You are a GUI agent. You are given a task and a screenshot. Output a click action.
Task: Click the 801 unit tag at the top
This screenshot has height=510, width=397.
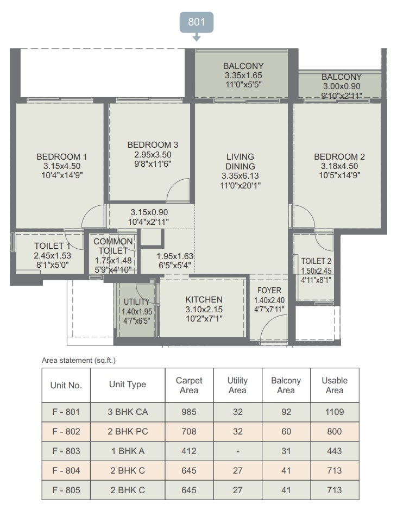197,22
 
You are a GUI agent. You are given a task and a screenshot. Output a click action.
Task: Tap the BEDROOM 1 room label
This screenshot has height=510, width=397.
62,157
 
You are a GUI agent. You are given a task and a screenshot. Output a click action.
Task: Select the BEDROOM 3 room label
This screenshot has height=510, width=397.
153,144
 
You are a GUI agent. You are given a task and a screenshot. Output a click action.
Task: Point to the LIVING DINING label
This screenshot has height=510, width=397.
240,162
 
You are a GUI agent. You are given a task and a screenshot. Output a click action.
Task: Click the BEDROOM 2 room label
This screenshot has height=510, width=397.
339,157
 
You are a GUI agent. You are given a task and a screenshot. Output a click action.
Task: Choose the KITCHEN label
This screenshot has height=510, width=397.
204,300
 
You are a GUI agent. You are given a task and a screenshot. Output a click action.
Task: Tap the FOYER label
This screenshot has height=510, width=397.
269,291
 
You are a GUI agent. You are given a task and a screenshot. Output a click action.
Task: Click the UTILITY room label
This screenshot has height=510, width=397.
136,301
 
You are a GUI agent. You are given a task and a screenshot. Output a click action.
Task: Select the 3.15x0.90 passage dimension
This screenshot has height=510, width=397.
149,212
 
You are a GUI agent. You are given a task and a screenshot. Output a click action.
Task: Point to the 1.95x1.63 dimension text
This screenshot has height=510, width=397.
175,256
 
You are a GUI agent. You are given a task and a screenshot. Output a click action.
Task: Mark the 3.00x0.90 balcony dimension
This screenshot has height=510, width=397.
342,86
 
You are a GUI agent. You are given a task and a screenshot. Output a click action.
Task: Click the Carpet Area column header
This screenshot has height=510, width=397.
189,385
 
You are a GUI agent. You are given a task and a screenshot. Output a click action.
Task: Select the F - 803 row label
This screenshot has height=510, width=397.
66,451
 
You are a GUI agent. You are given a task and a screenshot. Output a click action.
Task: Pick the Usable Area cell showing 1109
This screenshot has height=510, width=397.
335,412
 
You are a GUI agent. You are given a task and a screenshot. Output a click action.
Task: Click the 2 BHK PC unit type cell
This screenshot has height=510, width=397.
128,431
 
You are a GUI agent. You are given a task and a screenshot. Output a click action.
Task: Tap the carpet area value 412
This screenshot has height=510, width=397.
189,451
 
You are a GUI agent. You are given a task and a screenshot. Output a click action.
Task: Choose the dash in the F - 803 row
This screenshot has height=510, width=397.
238,451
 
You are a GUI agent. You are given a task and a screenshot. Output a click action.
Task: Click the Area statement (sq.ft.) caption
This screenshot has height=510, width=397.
79,361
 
